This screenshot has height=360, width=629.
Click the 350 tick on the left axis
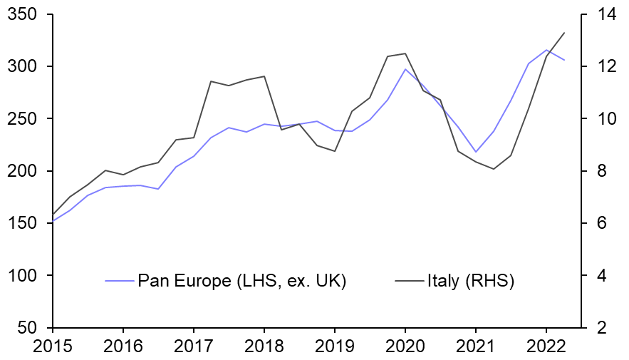point(26,14)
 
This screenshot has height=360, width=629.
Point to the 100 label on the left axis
point(26,276)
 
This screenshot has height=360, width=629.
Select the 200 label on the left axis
point(26,171)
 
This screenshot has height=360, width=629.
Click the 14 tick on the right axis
point(597,14)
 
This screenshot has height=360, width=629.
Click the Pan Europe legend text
point(241,281)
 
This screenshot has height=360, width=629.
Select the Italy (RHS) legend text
point(471,281)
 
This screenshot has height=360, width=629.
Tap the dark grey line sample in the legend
point(410,281)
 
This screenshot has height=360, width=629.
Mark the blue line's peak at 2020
point(405,69)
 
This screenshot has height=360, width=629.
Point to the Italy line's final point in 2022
point(564,33)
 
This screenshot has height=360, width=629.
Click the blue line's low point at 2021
point(476,152)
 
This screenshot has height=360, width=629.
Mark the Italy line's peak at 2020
point(405,53)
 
